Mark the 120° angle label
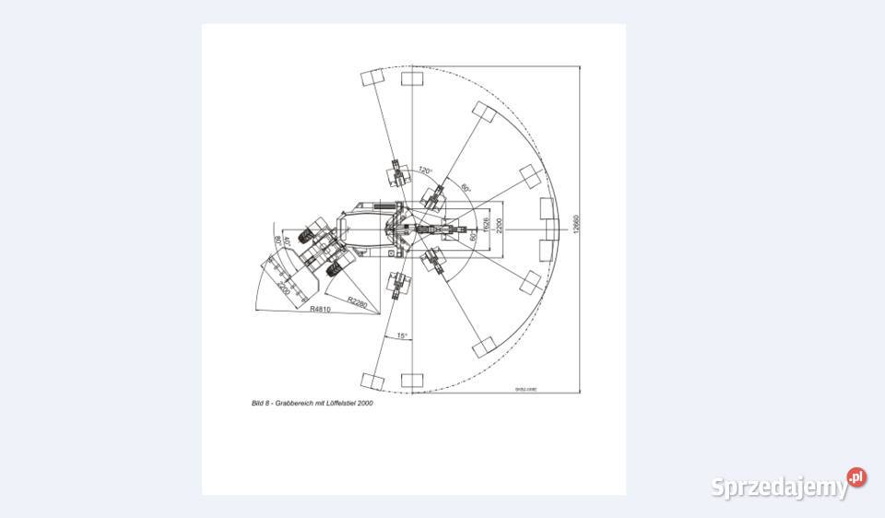tap(424, 171)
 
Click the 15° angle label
tap(401, 336)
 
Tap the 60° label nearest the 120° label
tap(466, 188)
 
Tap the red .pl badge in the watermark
tap(857, 477)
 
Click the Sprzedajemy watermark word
tap(779, 487)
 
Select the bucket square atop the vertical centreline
tap(411, 78)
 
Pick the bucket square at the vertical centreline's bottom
tap(411, 379)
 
